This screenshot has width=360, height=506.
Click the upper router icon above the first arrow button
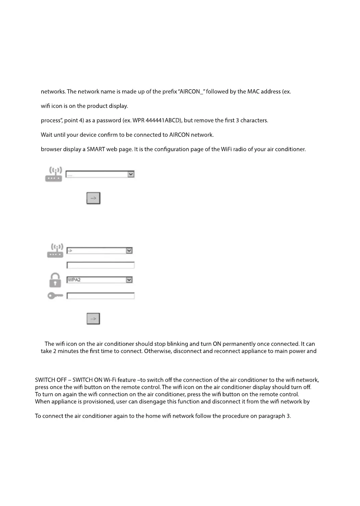[54, 174]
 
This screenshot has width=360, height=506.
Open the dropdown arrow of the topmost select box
[131, 174]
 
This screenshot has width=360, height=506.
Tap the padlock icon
[55, 280]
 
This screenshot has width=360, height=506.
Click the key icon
[55, 296]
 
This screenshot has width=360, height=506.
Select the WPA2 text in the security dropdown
[74, 280]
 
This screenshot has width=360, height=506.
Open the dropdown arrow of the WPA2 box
[129, 280]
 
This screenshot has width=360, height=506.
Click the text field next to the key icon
[100, 296]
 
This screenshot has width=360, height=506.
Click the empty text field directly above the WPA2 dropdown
[100, 265]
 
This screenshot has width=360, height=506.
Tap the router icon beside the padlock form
[55, 250]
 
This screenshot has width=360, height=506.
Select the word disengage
[152, 402]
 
